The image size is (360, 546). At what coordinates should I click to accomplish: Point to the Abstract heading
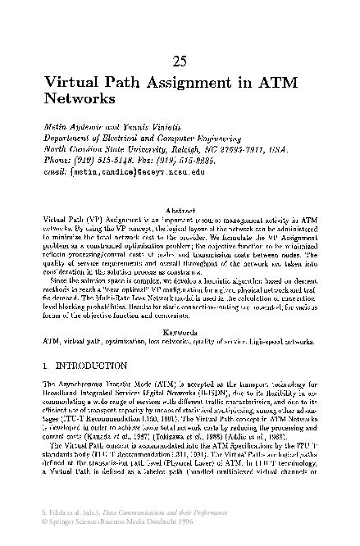[180, 211]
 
